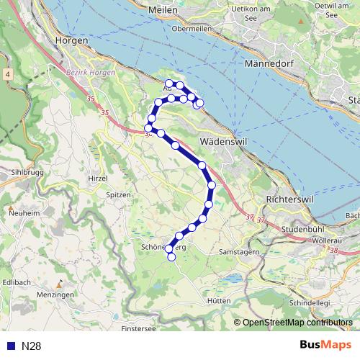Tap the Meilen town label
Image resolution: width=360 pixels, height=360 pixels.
click(163, 11)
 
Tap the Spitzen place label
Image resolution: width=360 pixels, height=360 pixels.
click(119, 195)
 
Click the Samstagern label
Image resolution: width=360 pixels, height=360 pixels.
click(239, 253)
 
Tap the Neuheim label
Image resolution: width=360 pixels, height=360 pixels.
click(24, 214)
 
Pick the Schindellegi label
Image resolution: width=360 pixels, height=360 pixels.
click(308, 304)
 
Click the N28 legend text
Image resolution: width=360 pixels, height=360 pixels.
click(31, 346)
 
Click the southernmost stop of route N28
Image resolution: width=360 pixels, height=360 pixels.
click(171, 257)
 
